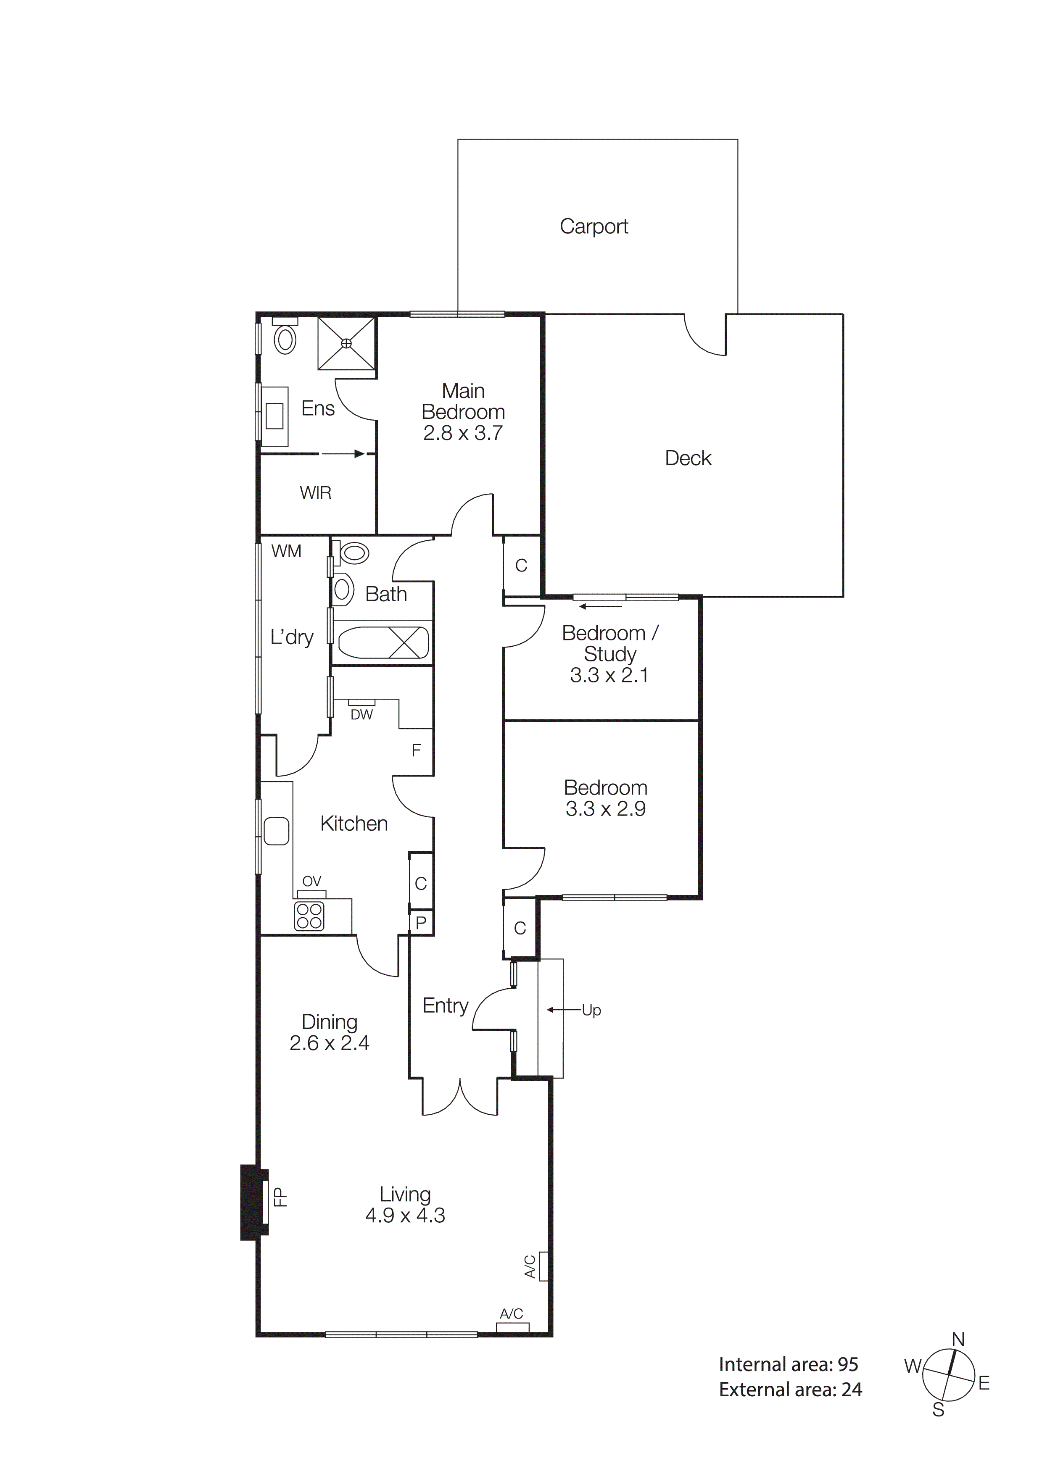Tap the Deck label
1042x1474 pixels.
point(688,458)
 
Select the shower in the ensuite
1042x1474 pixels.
point(347,343)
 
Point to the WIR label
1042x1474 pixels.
point(315,493)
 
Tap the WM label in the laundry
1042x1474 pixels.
point(286,551)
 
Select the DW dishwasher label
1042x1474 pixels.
point(361,715)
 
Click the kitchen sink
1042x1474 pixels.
point(276,831)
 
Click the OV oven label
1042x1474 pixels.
point(311,882)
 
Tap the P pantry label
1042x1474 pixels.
point(421,923)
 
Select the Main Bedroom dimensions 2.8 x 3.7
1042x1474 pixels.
point(462,433)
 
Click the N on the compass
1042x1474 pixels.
point(958,1340)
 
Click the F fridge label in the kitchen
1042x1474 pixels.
point(416,750)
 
